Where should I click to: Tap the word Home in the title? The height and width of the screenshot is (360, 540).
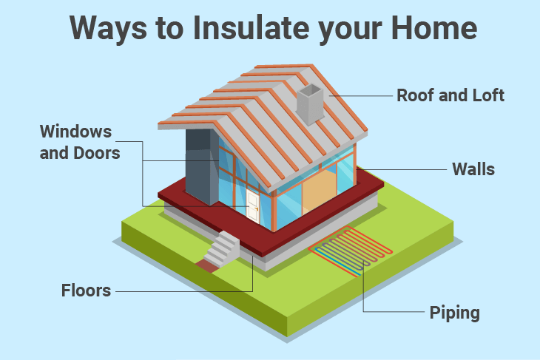(x=434, y=28)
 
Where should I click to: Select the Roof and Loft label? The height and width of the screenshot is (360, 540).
(x=450, y=95)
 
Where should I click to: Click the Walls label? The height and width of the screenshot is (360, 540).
(x=473, y=169)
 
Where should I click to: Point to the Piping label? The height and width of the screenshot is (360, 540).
(x=455, y=313)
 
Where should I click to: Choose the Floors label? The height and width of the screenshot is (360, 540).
(x=86, y=291)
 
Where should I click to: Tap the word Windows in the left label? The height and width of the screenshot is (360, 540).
(x=75, y=131)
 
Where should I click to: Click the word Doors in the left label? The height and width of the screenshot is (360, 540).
(x=97, y=153)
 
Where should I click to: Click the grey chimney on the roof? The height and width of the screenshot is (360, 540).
(x=310, y=103)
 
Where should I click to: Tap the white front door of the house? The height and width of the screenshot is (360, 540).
(x=252, y=206)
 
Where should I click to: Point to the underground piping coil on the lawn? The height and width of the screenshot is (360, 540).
(x=350, y=251)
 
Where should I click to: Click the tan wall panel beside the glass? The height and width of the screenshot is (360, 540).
(x=319, y=191)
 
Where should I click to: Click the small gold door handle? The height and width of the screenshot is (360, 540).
(x=257, y=209)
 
